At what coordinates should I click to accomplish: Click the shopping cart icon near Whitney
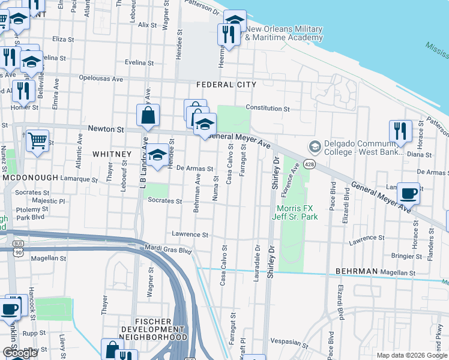click(x=37, y=141)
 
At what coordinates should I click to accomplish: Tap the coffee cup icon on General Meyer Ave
click(x=408, y=193)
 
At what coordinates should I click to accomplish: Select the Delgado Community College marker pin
click(x=314, y=147)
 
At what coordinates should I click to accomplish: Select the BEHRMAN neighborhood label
click(x=357, y=271)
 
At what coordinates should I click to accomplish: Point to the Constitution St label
click(x=268, y=109)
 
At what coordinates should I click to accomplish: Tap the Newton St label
click(x=106, y=129)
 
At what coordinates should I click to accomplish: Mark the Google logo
click(x=20, y=353)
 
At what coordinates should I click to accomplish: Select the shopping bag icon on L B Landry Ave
click(x=148, y=115)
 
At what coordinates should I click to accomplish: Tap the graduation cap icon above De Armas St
click(x=158, y=154)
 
